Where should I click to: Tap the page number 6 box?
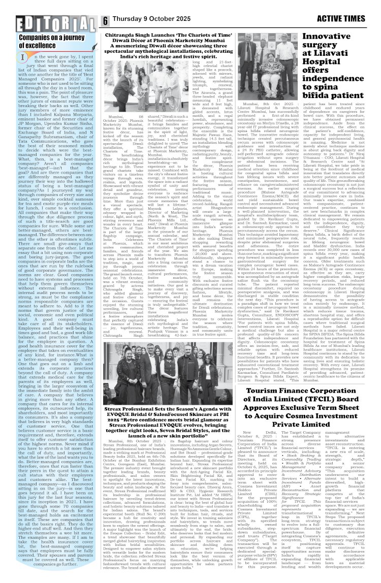(x=105, y=21)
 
